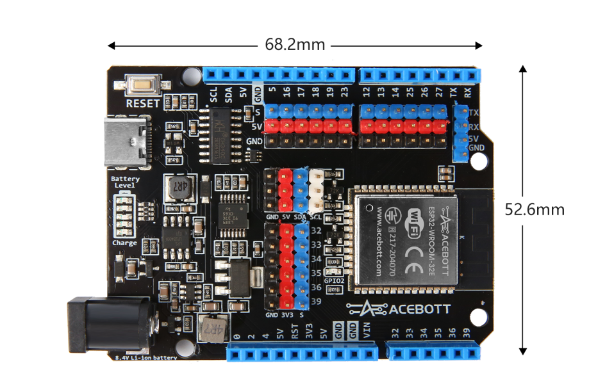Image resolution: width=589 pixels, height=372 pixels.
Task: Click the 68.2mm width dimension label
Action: pos(295,45)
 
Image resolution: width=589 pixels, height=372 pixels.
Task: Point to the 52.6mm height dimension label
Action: pos(535,209)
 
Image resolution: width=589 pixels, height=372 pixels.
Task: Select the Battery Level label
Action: pos(124,182)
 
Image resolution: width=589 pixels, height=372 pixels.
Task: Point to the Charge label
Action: pos(124,243)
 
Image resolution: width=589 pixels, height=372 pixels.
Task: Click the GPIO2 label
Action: pos(334,280)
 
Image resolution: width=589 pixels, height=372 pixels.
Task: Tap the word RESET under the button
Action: pos(142,102)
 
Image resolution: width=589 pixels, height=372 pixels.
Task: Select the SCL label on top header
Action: pos(214,95)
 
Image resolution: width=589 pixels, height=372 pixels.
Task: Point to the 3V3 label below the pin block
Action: pos(288,315)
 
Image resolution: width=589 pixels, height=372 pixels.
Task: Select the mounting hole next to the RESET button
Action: pos(191,76)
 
